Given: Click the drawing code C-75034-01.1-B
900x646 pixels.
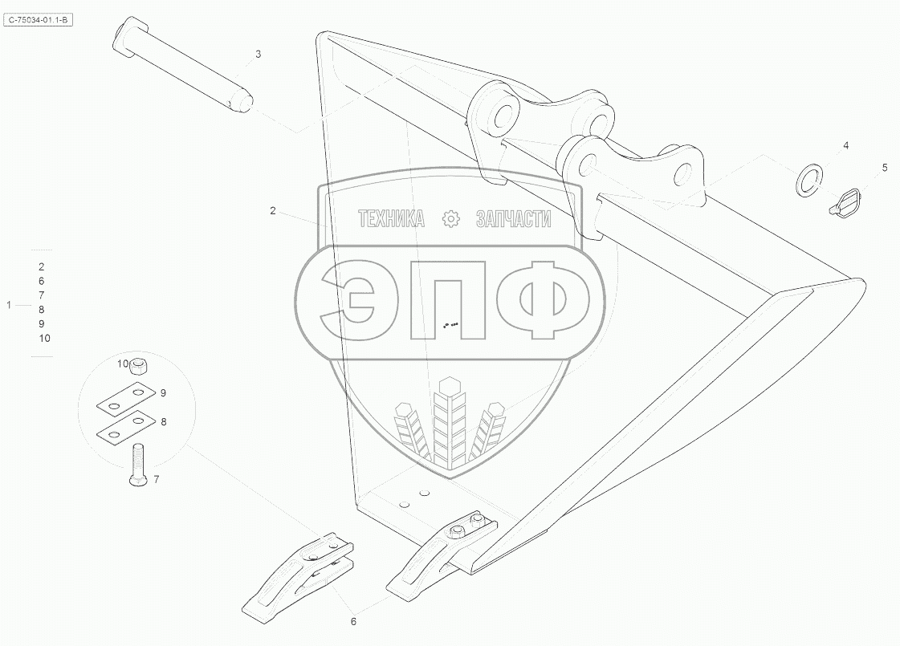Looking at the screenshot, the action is pyautogui.click(x=39, y=17).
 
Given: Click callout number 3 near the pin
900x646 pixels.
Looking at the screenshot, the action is pyautogui.click(x=258, y=54).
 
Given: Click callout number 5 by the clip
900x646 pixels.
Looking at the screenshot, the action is pyautogui.click(x=885, y=168).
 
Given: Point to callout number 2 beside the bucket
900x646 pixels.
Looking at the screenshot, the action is pyautogui.click(x=273, y=211).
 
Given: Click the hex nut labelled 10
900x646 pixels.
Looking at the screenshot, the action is pyautogui.click(x=138, y=365).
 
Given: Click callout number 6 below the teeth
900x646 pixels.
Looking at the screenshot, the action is pyautogui.click(x=353, y=621).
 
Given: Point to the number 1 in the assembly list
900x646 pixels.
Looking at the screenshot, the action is pyautogui.click(x=9, y=305).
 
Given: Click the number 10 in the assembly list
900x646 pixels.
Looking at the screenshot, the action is pyautogui.click(x=44, y=338).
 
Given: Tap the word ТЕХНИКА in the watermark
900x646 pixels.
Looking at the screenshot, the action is pyautogui.click(x=391, y=218).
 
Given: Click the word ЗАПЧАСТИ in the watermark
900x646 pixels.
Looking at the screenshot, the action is pyautogui.click(x=515, y=218).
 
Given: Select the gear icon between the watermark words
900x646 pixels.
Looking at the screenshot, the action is pyautogui.click(x=450, y=218).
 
